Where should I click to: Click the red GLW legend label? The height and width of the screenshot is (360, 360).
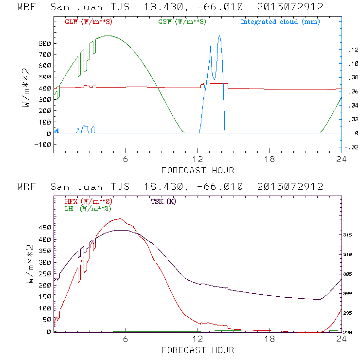(86, 22)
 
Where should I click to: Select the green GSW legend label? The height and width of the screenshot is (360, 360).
(182, 22)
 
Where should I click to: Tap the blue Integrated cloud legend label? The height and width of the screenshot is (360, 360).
(280, 22)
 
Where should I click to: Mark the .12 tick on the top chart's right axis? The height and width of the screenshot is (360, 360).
(349, 50)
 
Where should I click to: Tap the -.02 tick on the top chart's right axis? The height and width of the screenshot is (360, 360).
(348, 148)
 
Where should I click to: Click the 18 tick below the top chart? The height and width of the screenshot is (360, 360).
(270, 160)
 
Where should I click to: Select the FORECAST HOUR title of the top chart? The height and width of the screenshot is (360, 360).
(198, 170)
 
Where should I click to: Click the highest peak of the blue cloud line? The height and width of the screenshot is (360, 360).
(219, 36)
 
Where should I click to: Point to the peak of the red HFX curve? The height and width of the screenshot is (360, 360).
(120, 219)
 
